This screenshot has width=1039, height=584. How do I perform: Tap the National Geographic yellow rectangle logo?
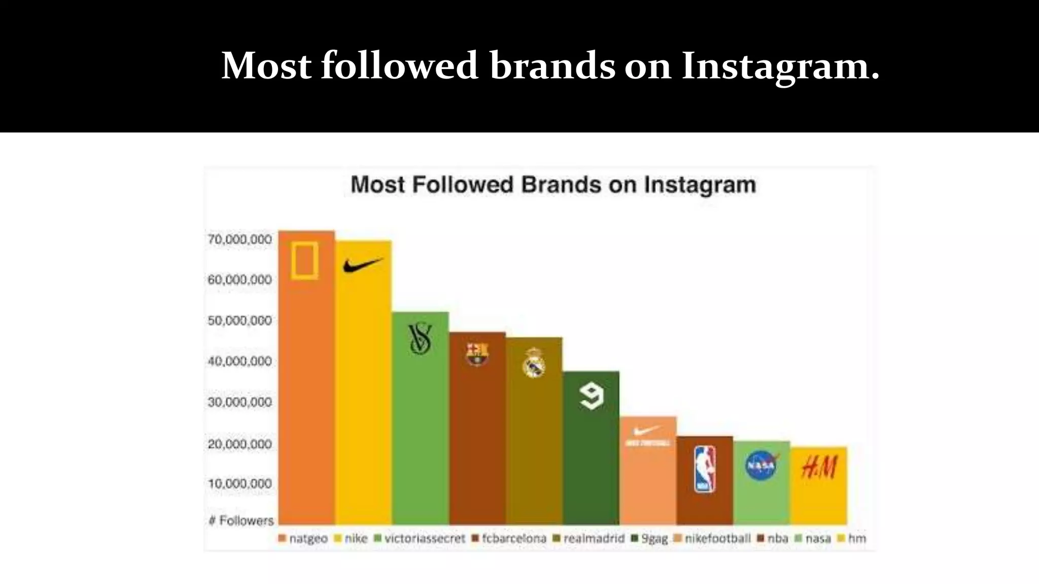pyautogui.click(x=305, y=261)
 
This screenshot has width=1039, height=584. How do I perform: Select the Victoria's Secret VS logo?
pyautogui.click(x=420, y=339)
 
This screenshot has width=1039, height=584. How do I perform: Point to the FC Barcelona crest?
pyautogui.click(x=477, y=353)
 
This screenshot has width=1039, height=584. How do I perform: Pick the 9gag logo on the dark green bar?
pyautogui.click(x=592, y=396)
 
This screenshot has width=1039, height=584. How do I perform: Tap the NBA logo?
pyautogui.click(x=705, y=469)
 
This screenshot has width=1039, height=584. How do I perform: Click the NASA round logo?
pyautogui.click(x=761, y=465)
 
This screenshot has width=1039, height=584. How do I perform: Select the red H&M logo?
pyautogui.click(x=819, y=467)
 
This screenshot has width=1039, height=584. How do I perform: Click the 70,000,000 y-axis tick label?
pyautogui.click(x=240, y=239)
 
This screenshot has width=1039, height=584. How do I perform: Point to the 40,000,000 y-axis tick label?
pyautogui.click(x=240, y=361)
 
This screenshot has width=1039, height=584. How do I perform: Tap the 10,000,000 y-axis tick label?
pyautogui.click(x=240, y=484)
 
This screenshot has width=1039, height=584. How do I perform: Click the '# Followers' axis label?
pyautogui.click(x=241, y=521)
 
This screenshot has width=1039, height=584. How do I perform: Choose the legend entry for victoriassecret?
pyautogui.click(x=420, y=538)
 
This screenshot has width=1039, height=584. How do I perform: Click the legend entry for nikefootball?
pyautogui.click(x=712, y=538)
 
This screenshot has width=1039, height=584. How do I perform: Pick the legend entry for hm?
pyautogui.click(x=852, y=538)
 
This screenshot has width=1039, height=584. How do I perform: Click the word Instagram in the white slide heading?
pyautogui.click(x=780, y=66)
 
